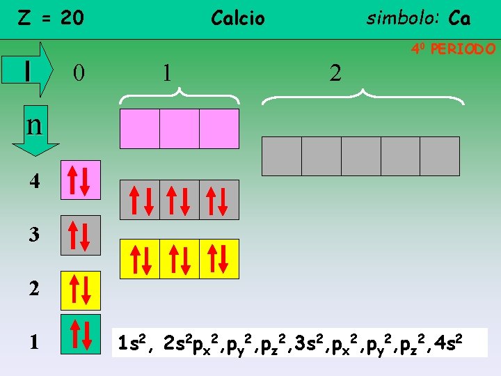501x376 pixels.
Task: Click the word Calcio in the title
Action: pos(238,18)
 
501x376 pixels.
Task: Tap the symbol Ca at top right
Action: pos(459,18)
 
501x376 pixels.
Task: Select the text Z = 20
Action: pos(50,17)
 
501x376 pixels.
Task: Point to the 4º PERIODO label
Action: pos(453,49)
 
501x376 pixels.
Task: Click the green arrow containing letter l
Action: pos(35,69)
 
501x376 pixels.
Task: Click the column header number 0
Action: pos(79,72)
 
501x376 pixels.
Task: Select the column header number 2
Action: pos(335,72)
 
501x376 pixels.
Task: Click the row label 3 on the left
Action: pos(34,235)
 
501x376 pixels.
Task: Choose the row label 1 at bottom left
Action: pos(34,342)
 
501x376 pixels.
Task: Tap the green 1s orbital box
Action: pos(81,335)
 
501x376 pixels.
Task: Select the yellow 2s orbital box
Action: pos(81,290)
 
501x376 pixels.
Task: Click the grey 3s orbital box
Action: pos(81,235)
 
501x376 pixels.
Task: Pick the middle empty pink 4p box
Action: pos(180,129)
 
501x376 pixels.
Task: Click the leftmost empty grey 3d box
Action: pos(281,156)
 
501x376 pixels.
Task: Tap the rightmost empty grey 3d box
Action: pos(440,156)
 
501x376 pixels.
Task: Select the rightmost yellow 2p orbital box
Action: pos(219,259)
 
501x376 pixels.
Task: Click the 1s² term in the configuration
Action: pos(132,343)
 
